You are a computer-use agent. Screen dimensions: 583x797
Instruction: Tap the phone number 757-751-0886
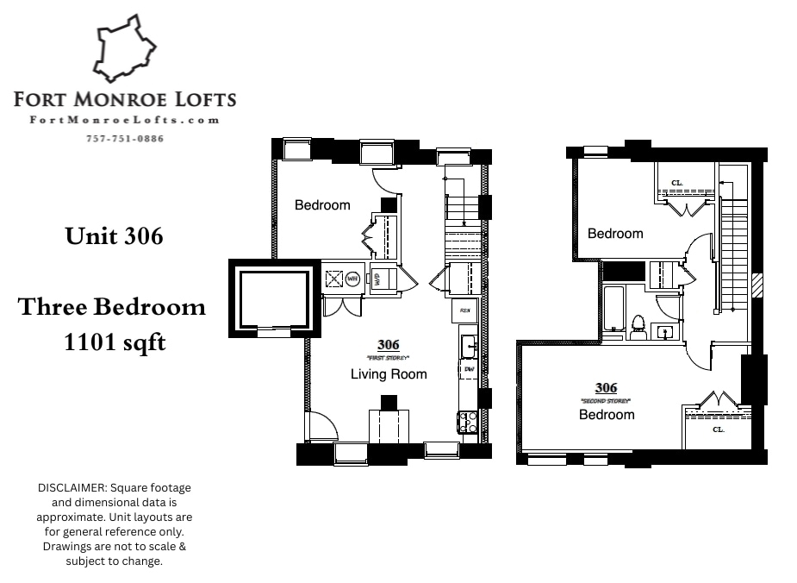click(125, 139)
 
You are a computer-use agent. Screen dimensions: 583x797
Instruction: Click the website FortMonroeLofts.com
click(125, 121)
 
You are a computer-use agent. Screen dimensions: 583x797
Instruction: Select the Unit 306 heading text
click(114, 235)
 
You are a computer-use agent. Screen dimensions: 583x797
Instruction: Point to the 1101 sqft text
click(115, 342)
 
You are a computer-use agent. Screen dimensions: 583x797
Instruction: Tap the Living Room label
click(389, 373)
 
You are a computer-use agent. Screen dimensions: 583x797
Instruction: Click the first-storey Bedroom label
click(322, 205)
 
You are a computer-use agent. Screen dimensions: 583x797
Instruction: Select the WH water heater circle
click(353, 279)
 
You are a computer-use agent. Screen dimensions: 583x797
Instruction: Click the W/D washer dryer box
click(377, 278)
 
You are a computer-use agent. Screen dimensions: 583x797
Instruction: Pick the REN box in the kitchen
click(465, 309)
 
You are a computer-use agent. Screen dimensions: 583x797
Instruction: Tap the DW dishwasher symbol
click(469, 369)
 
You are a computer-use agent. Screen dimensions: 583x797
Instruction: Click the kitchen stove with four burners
click(468, 422)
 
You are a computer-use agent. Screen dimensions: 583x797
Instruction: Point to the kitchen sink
click(468, 346)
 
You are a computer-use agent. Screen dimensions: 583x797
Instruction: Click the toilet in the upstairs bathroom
click(638, 325)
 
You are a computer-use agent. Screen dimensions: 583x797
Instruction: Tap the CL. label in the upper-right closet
click(677, 182)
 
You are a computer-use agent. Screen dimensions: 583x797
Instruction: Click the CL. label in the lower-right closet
click(718, 429)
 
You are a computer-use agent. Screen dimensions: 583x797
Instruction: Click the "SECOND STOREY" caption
click(607, 401)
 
